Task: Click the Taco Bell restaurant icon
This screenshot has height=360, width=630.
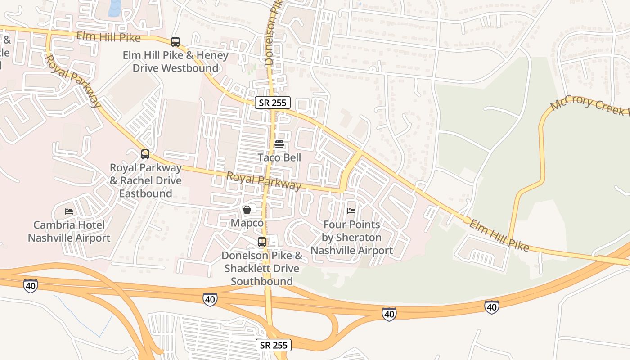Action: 279,144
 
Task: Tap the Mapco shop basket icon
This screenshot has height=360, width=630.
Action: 247,210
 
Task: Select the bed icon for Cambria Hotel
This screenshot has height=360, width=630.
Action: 69,211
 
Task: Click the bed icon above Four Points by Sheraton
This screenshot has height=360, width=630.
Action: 351,211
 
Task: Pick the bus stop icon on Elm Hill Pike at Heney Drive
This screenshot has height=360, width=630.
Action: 175,42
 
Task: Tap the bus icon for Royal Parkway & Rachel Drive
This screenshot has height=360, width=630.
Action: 145,154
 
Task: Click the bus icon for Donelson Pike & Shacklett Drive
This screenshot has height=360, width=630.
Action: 261,242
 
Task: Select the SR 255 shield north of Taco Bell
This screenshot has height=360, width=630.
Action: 273,103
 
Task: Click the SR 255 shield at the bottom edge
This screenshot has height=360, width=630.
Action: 274,345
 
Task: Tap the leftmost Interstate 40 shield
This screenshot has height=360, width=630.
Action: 31,285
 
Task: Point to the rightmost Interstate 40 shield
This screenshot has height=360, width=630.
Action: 491,307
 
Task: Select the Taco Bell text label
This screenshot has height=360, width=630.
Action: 279,157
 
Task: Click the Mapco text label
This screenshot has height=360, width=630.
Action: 247,223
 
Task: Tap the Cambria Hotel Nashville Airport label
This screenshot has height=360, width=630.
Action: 69,231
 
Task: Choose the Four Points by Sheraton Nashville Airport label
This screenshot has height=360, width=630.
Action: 351,237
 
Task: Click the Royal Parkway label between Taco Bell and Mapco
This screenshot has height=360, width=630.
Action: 263,181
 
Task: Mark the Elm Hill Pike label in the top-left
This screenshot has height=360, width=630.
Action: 108,37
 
